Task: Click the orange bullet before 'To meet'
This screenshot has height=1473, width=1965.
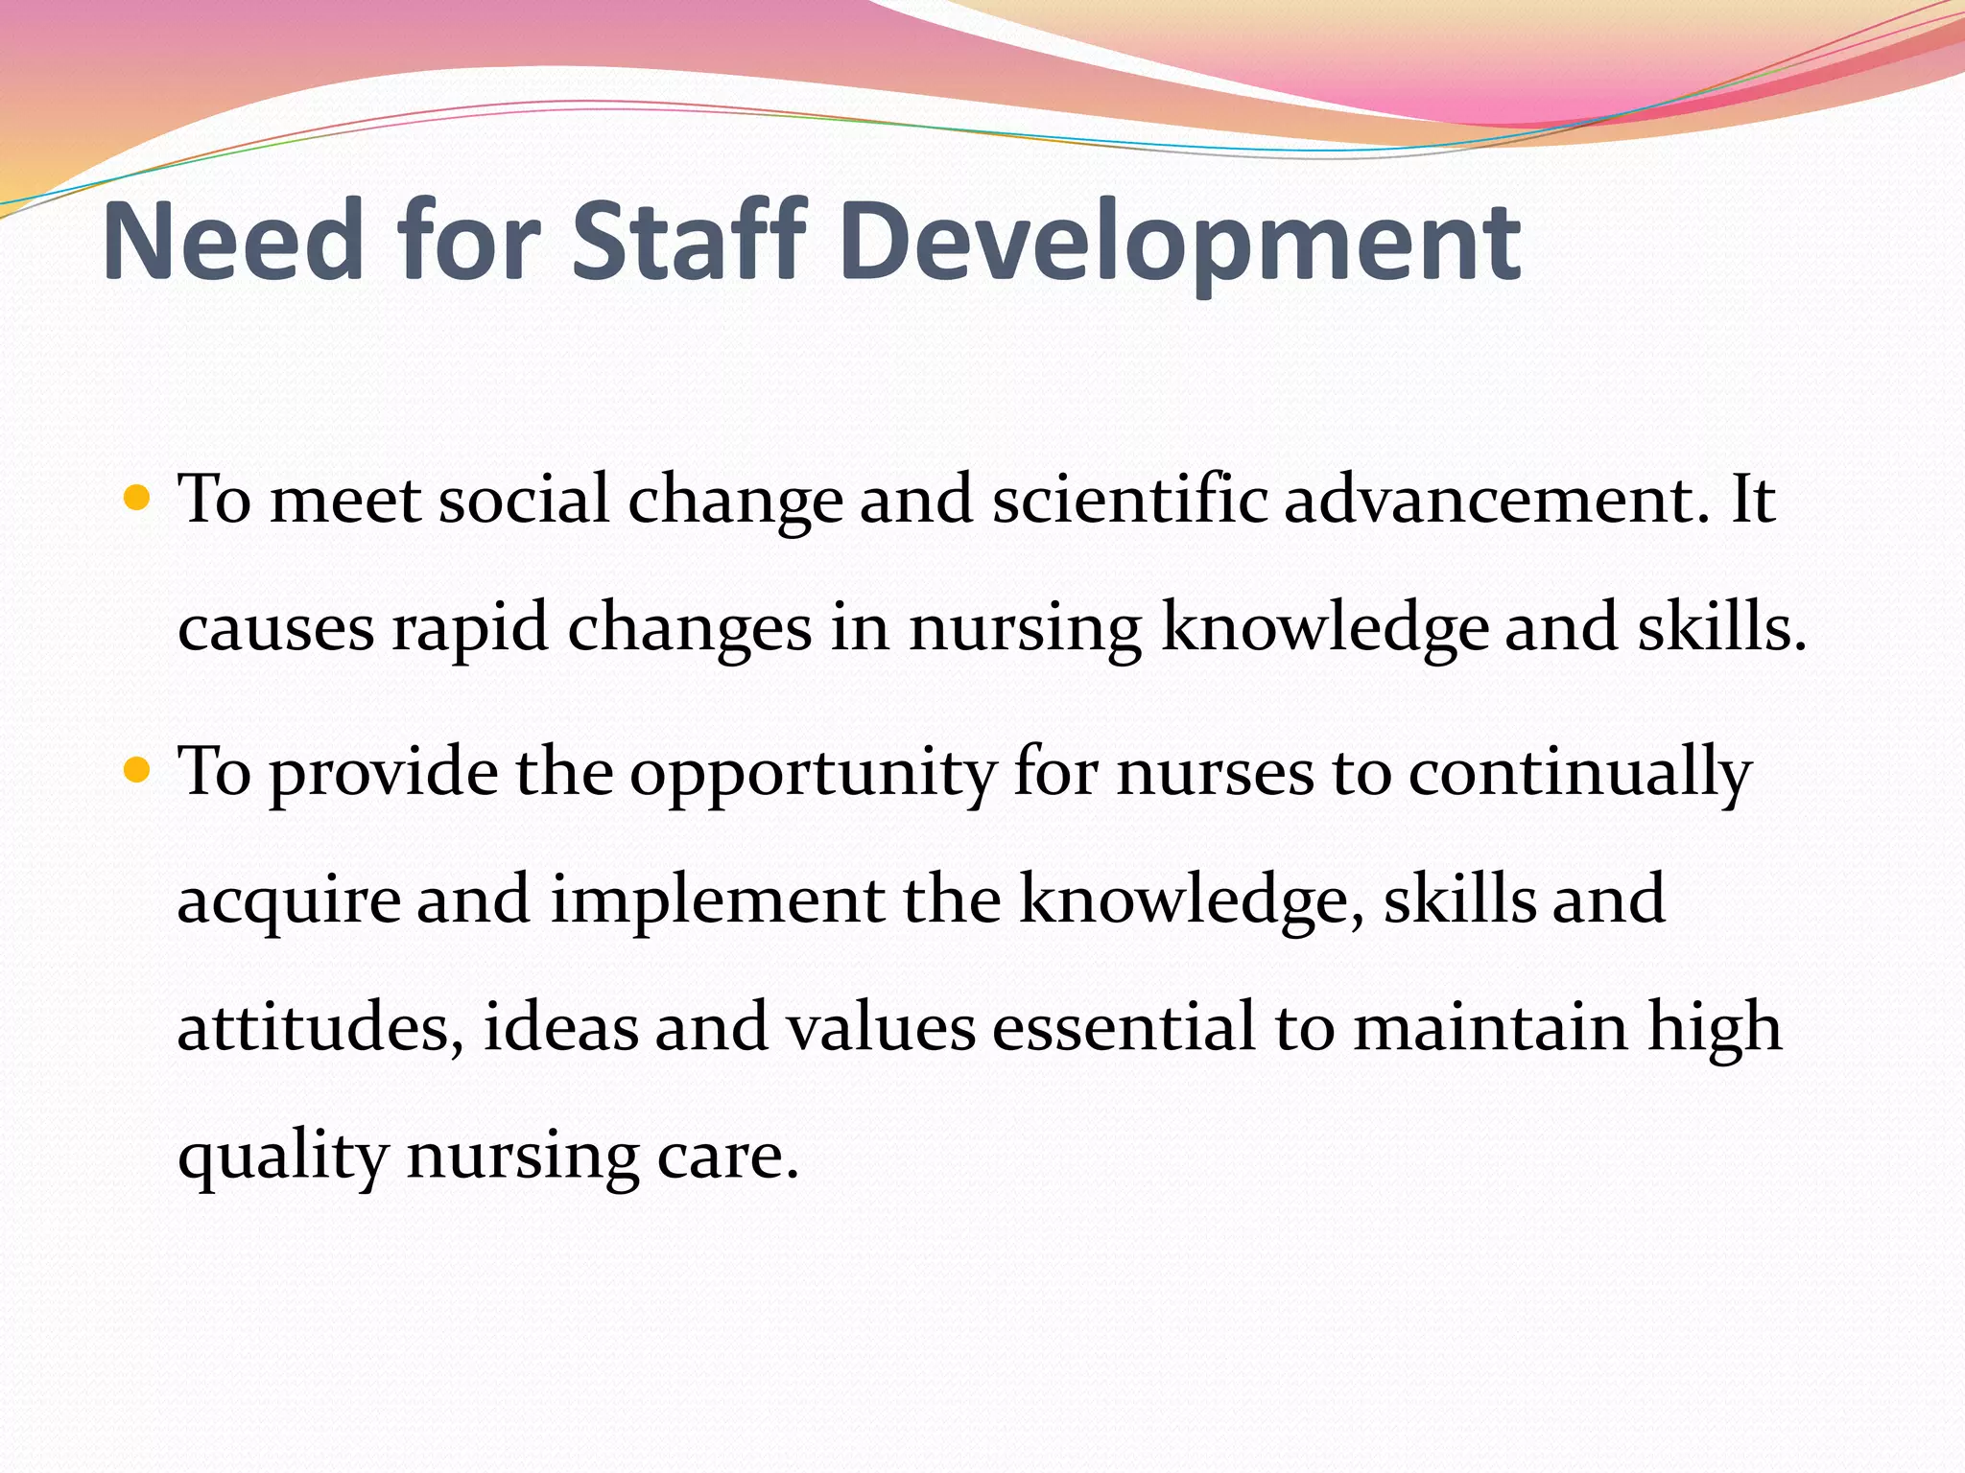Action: pos(138,498)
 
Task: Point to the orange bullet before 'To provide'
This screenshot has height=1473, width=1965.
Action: pos(138,769)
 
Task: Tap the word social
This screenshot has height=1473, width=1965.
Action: pos(524,500)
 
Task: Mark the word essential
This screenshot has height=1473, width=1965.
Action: pos(1124,1027)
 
